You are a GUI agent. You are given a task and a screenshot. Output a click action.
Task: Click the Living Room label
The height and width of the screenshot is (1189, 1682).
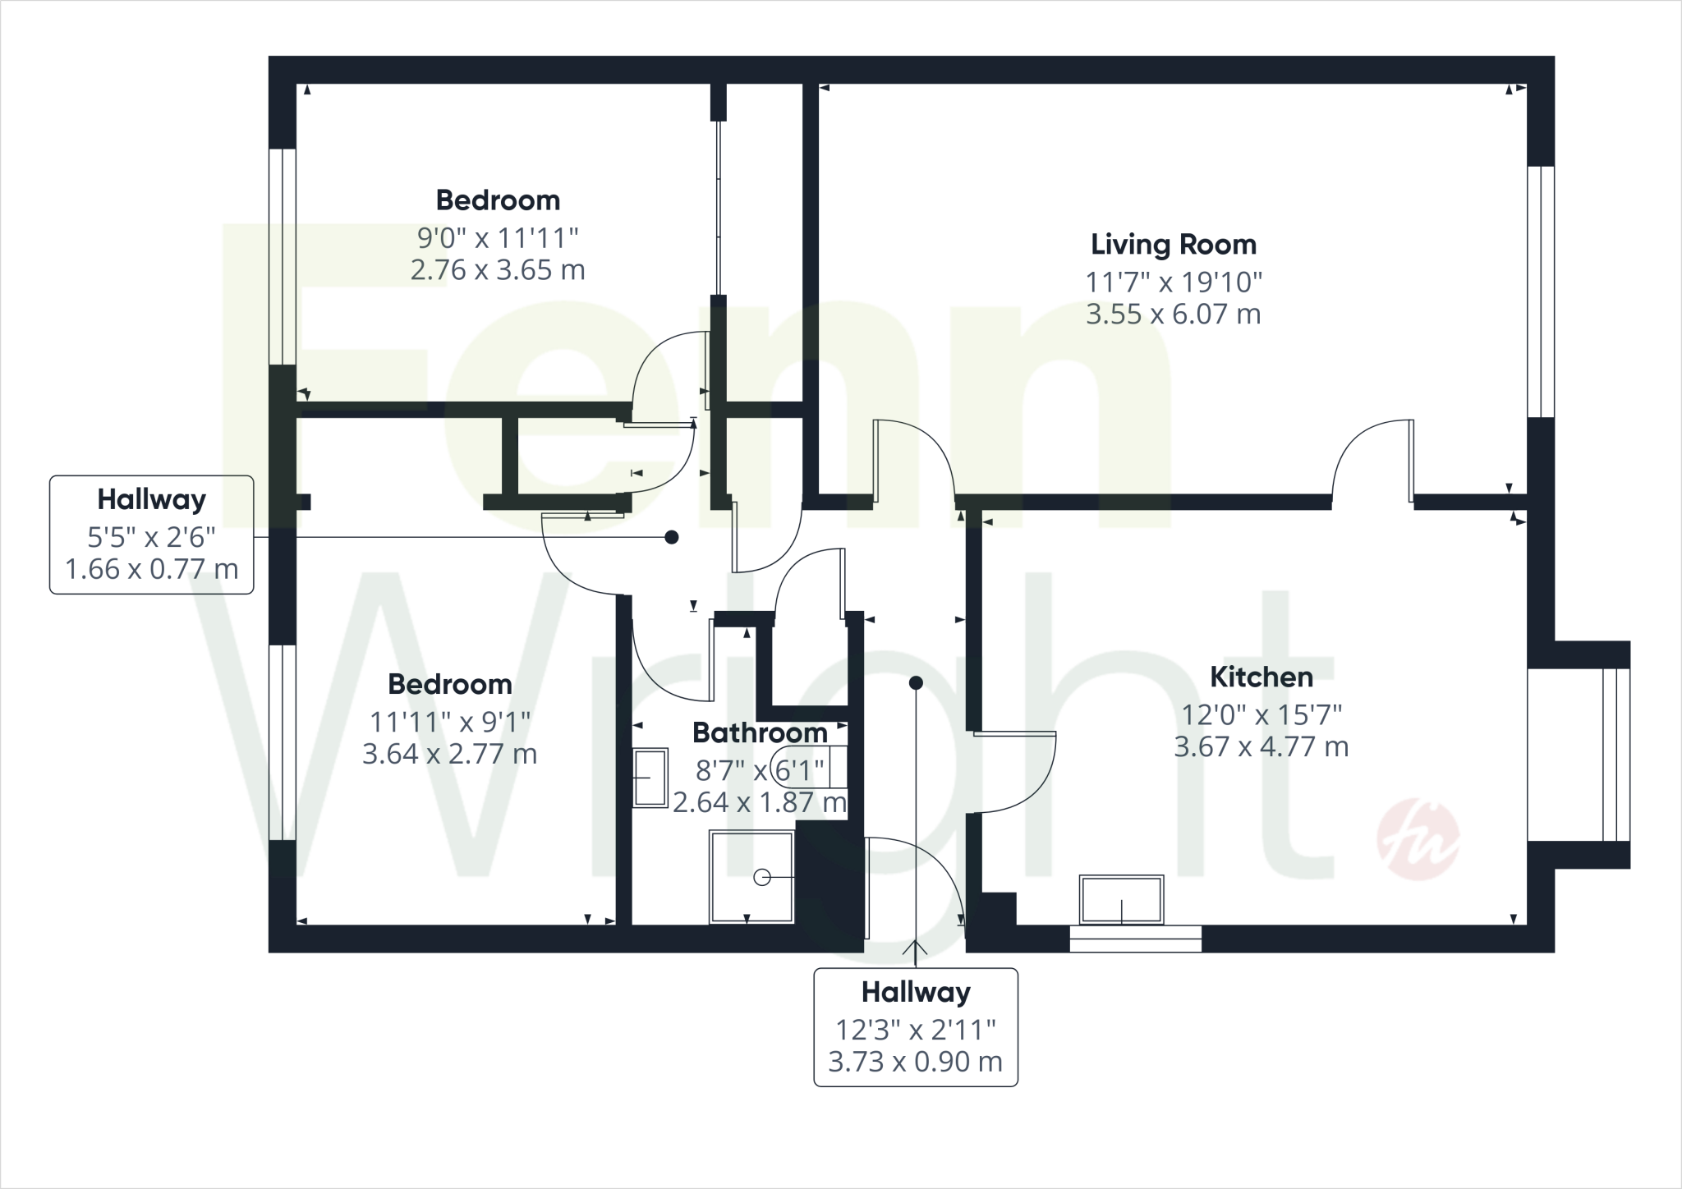pyautogui.click(x=1173, y=244)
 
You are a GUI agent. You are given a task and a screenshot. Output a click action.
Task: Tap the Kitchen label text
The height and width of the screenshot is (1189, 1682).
pyautogui.click(x=1261, y=677)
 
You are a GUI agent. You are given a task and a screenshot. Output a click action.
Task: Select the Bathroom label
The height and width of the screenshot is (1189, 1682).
pyautogui.click(x=760, y=732)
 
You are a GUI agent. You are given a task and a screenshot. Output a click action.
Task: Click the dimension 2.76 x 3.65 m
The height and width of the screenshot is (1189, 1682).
pyautogui.click(x=498, y=269)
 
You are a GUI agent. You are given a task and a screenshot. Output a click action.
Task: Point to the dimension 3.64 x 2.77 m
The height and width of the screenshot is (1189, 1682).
pyautogui.click(x=449, y=754)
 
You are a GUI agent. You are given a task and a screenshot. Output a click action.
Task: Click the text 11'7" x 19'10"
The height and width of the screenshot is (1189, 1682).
pyautogui.click(x=1173, y=282)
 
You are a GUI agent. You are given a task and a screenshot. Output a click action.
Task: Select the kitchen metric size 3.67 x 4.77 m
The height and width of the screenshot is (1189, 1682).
pyautogui.click(x=1261, y=747)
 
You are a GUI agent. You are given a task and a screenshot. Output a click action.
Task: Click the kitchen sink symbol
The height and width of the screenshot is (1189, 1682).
pyautogui.click(x=1122, y=900)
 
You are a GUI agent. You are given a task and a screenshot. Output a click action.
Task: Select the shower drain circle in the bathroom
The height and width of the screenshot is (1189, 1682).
pyautogui.click(x=761, y=878)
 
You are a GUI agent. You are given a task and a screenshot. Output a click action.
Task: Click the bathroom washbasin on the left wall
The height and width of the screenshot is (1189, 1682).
pyautogui.click(x=650, y=777)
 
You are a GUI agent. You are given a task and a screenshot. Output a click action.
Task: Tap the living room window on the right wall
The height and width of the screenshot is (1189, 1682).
pyautogui.click(x=1540, y=292)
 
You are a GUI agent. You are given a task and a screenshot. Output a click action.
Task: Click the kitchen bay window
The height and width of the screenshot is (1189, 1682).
pyautogui.click(x=1615, y=755)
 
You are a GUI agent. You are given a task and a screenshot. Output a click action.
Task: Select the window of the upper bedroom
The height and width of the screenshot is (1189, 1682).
pyautogui.click(x=283, y=256)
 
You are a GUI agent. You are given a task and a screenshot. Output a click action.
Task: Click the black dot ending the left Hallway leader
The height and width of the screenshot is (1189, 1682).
pyautogui.click(x=671, y=537)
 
